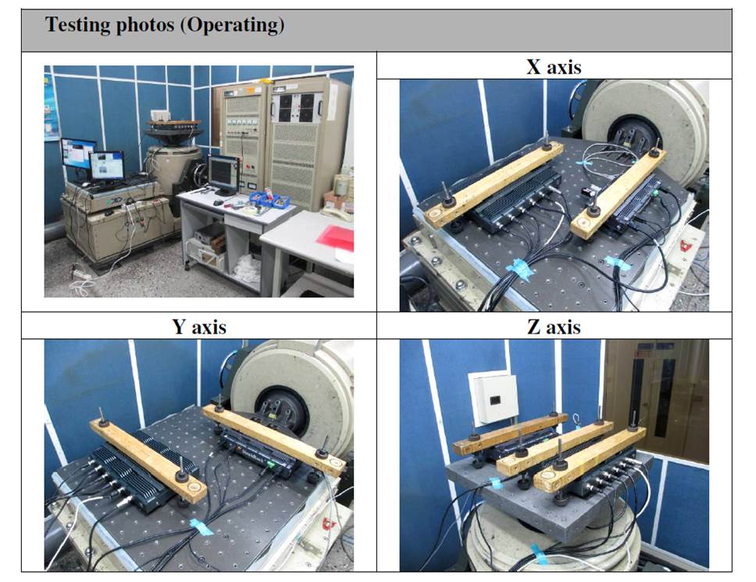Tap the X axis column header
tap(554, 66)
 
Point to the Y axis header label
tap(199, 326)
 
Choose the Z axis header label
tap(554, 326)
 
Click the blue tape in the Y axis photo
tap(201, 527)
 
